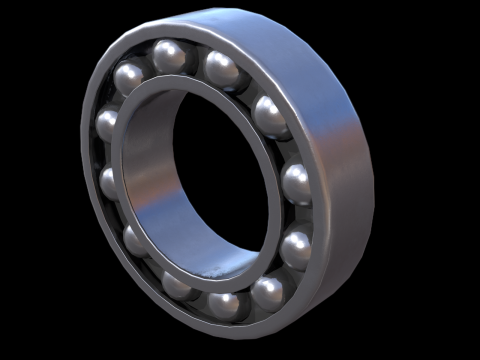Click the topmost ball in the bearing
pyautogui.click(x=168, y=55)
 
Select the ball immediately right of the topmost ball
pyautogui.click(x=221, y=68)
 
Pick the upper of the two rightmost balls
pyautogui.click(x=297, y=182)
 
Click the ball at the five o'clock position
pyautogui.click(x=269, y=293)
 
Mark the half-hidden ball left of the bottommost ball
pyautogui.click(x=178, y=286)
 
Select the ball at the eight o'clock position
pyautogui.click(x=135, y=240)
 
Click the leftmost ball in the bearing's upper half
pyautogui.click(x=107, y=124)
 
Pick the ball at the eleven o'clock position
pyautogui.click(x=129, y=77)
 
